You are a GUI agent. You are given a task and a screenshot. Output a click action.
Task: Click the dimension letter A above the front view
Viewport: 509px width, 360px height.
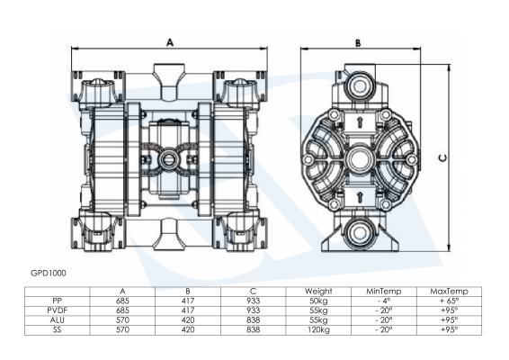tap(170, 42)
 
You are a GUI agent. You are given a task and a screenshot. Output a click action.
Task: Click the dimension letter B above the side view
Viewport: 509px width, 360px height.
tap(358, 43)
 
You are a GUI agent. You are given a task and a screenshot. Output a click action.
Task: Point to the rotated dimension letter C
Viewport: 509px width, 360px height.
tap(442, 157)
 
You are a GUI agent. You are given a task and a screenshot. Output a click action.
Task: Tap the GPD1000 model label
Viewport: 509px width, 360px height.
tap(49, 273)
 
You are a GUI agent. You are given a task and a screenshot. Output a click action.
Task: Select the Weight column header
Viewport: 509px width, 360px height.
tap(318, 291)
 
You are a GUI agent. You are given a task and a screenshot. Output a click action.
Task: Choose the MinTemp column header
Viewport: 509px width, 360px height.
tap(384, 291)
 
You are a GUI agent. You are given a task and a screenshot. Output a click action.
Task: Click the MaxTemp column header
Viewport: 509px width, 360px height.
tap(450, 291)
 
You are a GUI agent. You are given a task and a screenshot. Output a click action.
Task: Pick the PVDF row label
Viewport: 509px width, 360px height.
tap(58, 310)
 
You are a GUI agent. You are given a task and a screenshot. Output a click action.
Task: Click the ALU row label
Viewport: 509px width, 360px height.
tap(58, 320)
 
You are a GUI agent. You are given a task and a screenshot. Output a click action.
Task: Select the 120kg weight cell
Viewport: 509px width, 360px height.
tap(318, 329)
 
